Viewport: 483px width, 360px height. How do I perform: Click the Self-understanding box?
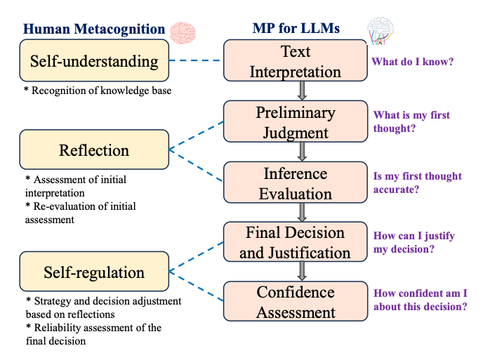pos(94,61)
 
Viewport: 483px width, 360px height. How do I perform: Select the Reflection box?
pos(94,151)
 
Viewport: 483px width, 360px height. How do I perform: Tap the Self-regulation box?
pos(94,272)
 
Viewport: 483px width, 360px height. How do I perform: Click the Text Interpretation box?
pos(296,61)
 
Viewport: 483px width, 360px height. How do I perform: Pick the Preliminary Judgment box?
pos(296,121)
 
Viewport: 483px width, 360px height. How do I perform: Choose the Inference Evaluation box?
pos(296,182)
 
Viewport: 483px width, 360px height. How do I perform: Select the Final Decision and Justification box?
pos(296,242)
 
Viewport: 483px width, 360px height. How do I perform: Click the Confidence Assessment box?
pos(296,302)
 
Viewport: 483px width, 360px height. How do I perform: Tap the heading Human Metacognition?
pos(94,29)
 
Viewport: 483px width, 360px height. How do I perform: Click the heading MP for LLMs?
pos(296,29)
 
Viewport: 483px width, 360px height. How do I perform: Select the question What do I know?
pos(412,61)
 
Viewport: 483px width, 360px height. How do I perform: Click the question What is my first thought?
pos(411,121)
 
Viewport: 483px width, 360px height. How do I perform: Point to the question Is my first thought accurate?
pos(417,182)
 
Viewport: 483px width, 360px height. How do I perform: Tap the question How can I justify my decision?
pos(413,242)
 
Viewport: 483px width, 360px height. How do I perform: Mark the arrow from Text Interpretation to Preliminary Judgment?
pos(302,91)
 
